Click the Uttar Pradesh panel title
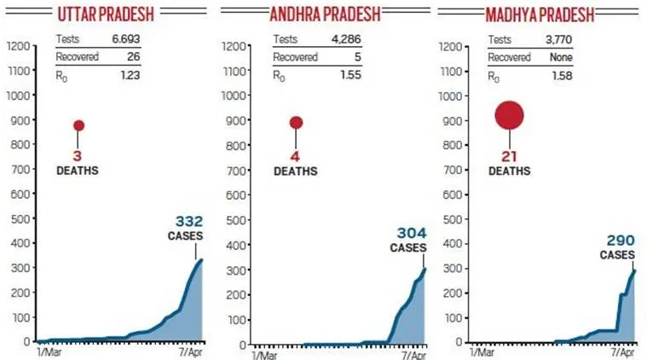[107, 15]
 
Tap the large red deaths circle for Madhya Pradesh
[509, 115]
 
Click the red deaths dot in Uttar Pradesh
[78, 125]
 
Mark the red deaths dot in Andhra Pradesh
[296, 123]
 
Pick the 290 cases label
[619, 241]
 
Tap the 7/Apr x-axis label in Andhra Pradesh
[413, 353]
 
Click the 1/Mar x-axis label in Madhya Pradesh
[481, 351]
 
